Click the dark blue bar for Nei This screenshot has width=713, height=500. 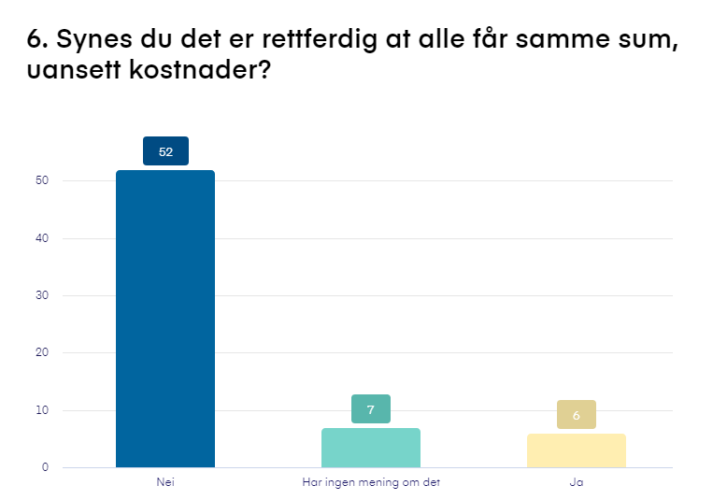tap(165, 318)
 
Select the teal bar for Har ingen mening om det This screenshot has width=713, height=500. tap(370, 448)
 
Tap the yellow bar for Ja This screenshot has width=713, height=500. tap(576, 450)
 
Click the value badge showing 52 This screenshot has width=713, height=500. tap(165, 151)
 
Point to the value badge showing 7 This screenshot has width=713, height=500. tap(370, 409)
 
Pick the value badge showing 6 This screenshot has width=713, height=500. tap(576, 415)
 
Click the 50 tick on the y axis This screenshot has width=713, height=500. tap(42, 180)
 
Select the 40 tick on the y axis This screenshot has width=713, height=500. tap(42, 238)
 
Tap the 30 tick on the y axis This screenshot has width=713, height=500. tap(42, 295)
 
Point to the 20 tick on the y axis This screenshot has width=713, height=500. tap(42, 352)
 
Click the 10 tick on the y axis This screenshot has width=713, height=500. tap(42, 410)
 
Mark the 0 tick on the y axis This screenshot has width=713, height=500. tap(45, 467)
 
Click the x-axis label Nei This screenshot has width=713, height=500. tap(165, 482)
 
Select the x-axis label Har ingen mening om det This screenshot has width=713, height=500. tap(371, 482)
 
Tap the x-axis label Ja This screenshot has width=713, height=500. tap(576, 482)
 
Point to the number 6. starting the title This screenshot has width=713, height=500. tap(38, 40)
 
